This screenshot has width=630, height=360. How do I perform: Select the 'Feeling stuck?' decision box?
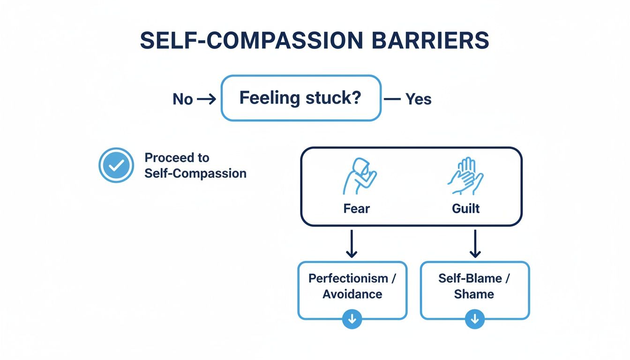300,98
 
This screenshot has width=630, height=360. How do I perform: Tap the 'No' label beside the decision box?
183,99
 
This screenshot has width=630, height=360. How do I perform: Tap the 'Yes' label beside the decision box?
418,99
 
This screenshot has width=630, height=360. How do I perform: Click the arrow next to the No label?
207,99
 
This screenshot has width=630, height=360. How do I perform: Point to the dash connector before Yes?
392,99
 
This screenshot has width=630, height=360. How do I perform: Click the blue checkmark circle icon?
116,165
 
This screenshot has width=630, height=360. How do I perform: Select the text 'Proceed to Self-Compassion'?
195,165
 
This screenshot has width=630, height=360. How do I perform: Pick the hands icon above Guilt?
465,176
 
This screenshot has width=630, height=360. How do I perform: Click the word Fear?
356,209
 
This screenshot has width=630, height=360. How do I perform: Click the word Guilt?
465,209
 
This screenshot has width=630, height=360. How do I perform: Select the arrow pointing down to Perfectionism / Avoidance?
352,244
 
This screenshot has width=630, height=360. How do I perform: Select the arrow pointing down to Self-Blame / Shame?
475,244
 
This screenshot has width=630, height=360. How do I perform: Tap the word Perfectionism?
348,278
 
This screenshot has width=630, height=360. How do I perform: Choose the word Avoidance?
352,294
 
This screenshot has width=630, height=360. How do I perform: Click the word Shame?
474,294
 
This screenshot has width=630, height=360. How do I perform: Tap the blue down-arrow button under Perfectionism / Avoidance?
352,319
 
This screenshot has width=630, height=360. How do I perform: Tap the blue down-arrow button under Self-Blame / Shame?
475,319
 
